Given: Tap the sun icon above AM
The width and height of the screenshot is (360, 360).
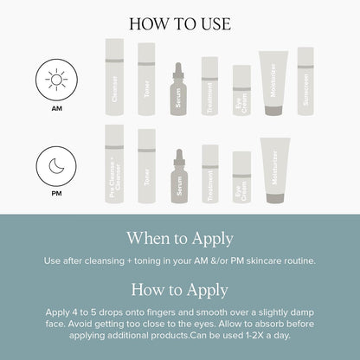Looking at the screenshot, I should pos(57,81).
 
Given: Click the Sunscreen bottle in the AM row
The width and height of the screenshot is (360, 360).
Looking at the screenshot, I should pos(305,83).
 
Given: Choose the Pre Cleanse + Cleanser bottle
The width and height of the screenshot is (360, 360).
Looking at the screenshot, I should pos(114,164).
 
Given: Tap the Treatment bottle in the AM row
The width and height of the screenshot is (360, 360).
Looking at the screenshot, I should pos(209,88).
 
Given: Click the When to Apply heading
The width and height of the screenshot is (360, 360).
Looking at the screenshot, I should pos(179,237).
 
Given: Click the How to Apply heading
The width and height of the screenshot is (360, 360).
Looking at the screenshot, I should pos(179,289).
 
